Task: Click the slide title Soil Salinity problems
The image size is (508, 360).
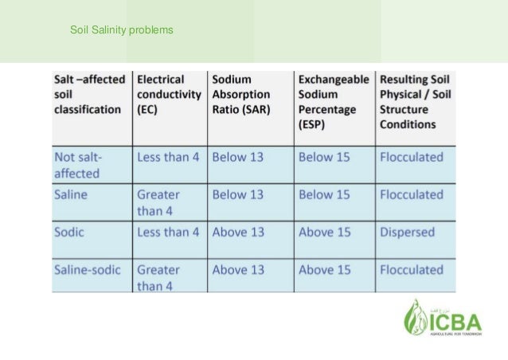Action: click(x=121, y=31)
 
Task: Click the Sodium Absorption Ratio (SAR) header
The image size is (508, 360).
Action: click(x=241, y=94)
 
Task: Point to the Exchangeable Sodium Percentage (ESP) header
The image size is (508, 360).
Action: click(x=334, y=102)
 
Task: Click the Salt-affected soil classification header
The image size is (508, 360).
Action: click(x=88, y=94)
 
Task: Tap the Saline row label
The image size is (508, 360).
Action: click(x=71, y=194)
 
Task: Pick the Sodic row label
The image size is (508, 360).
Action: click(x=69, y=233)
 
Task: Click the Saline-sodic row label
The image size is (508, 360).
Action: click(x=87, y=270)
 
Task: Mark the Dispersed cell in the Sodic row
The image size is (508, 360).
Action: click(x=408, y=233)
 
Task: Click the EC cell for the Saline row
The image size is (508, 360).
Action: click(x=158, y=202)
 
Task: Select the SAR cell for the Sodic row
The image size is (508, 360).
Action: click(x=238, y=233)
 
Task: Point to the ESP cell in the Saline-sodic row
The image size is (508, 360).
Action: click(x=324, y=270)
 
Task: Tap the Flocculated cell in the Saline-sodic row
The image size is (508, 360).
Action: click(x=412, y=270)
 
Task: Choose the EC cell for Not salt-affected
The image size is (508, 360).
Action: click(x=168, y=157)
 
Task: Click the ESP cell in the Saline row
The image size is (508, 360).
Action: click(x=324, y=194)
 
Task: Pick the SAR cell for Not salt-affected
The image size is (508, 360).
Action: click(x=238, y=157)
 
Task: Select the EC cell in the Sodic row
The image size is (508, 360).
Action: click(x=168, y=233)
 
